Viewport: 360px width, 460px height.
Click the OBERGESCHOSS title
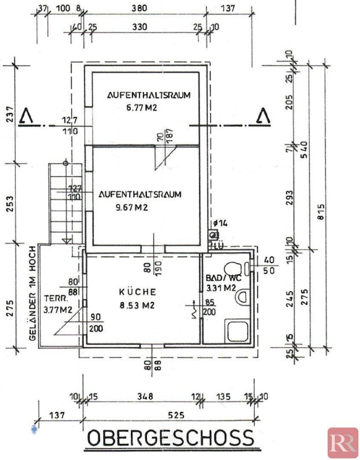[170, 438]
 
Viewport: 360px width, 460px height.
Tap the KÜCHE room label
[138, 292]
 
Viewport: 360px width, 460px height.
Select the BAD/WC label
[223, 278]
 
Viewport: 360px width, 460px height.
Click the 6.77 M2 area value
[135, 108]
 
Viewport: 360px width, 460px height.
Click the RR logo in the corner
[343, 443]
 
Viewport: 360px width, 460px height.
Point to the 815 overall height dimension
[321, 212]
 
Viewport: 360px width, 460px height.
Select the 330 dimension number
[139, 27]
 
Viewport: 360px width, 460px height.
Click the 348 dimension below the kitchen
[145, 397]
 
